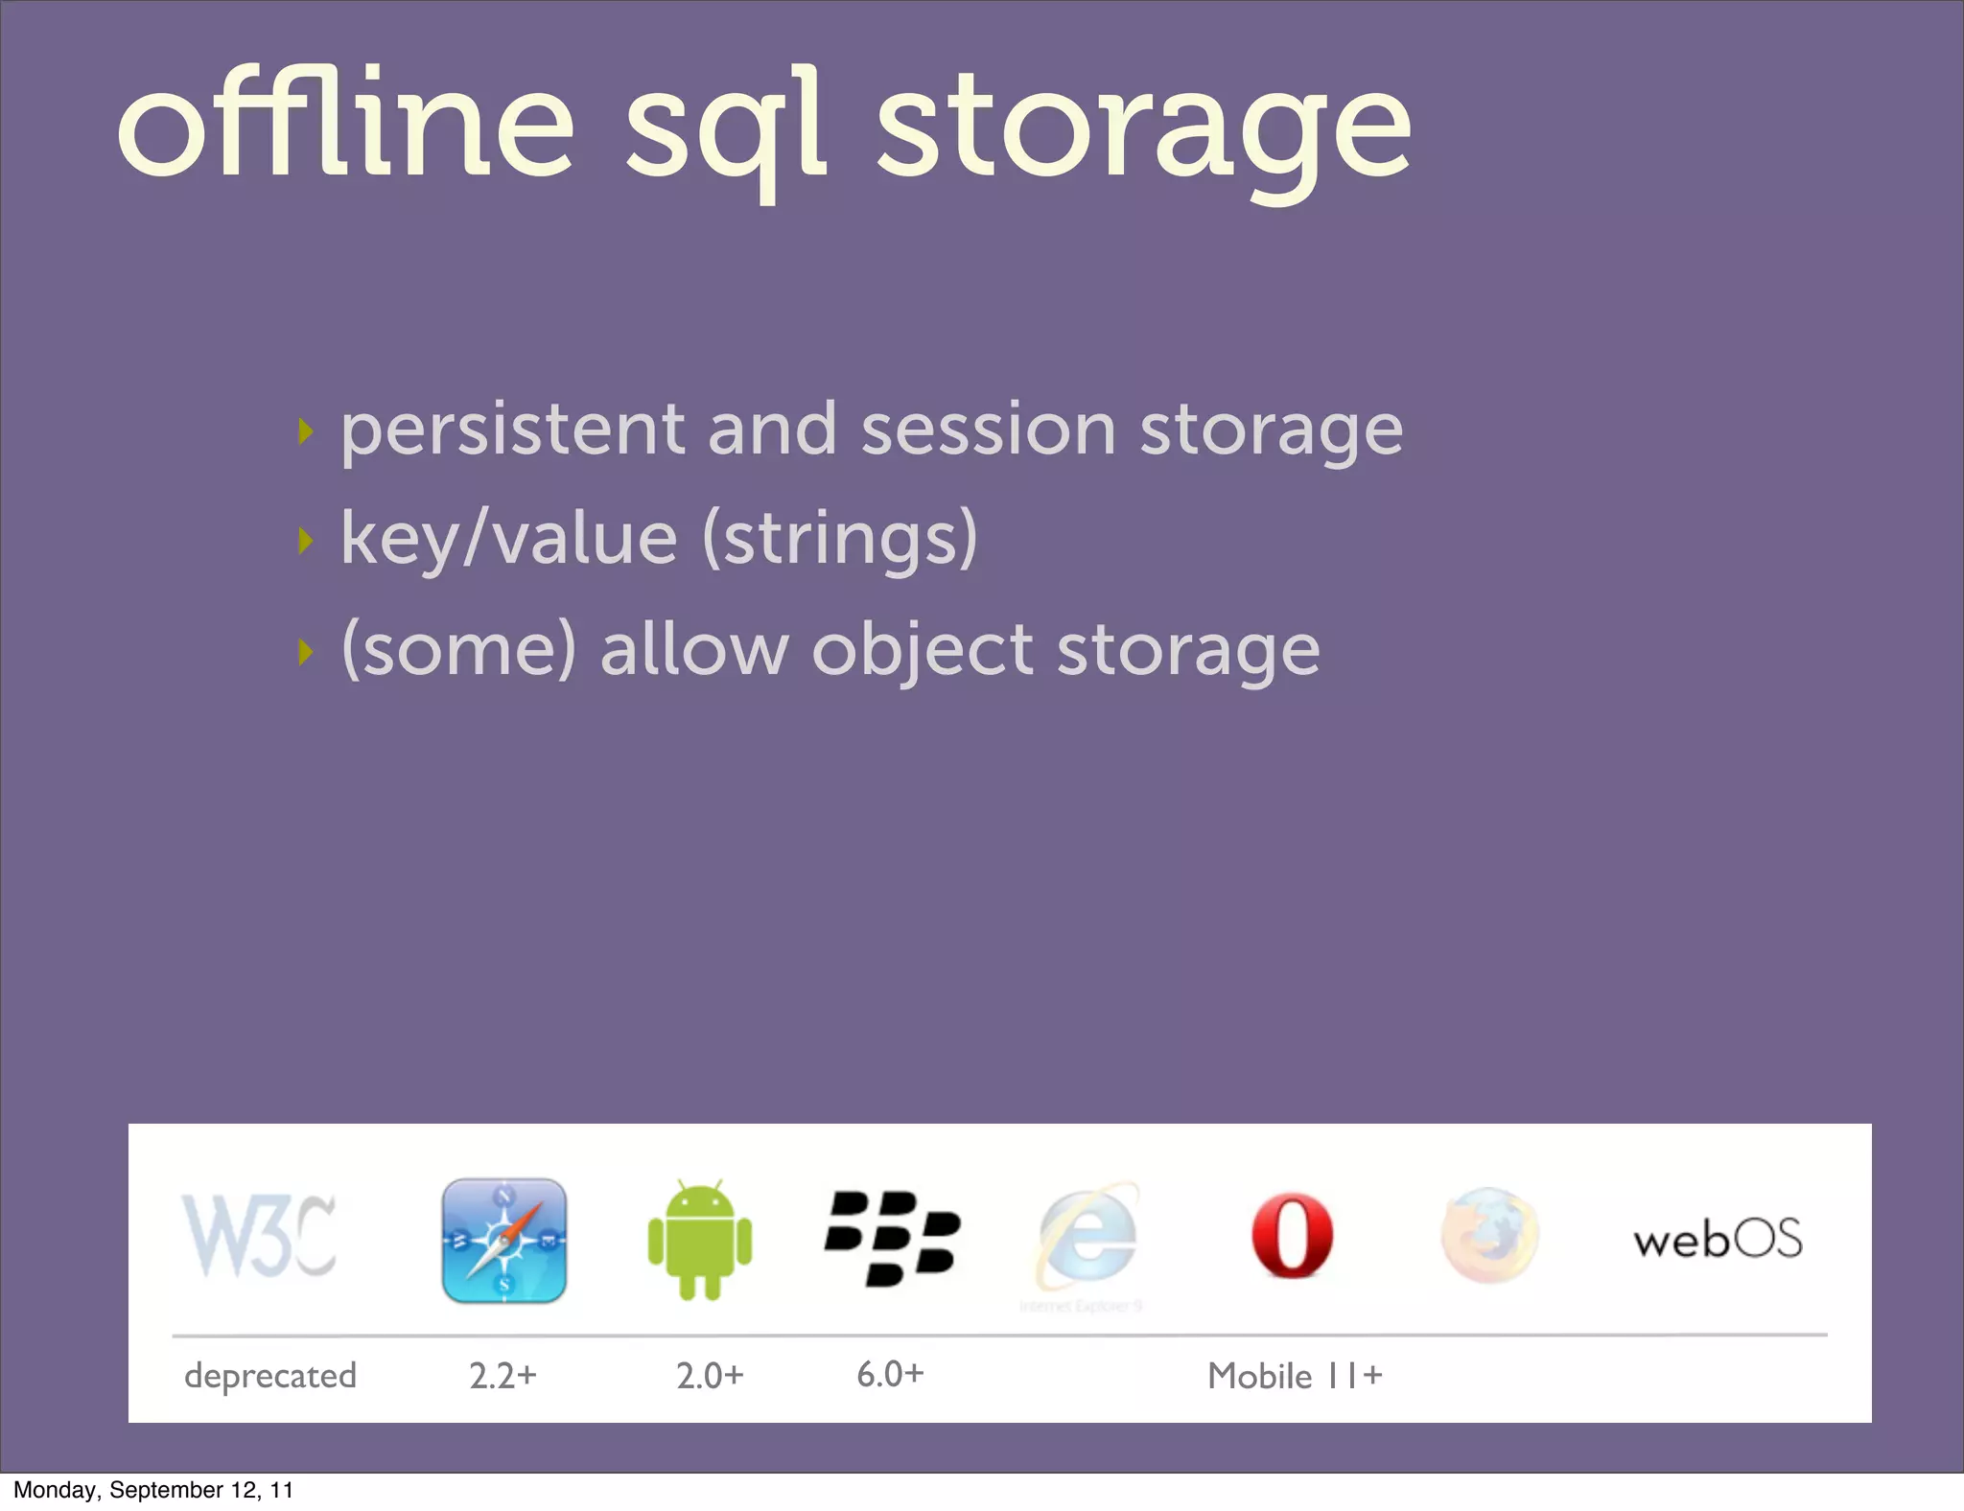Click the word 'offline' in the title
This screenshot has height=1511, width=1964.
pos(345,125)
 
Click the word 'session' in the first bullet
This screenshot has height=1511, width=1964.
pos(988,431)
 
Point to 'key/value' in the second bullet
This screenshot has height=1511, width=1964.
pos(508,540)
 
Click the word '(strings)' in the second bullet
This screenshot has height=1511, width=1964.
pos(840,540)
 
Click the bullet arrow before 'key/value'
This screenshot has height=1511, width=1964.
pos(306,541)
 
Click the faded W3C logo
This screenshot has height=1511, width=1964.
pos(259,1237)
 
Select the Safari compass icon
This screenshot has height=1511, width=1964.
pos(504,1240)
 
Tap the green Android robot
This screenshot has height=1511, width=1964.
pos(700,1240)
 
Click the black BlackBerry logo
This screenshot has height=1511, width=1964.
pos(892,1238)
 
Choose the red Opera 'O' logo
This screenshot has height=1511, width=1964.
pos(1292,1236)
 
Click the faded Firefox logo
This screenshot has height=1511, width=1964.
pos(1489,1236)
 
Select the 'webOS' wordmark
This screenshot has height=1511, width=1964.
pos(1718,1239)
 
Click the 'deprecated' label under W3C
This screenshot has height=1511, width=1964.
pos(270,1376)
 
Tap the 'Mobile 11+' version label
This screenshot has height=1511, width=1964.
pos(1295,1376)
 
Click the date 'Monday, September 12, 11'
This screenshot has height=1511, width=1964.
pos(153,1490)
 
